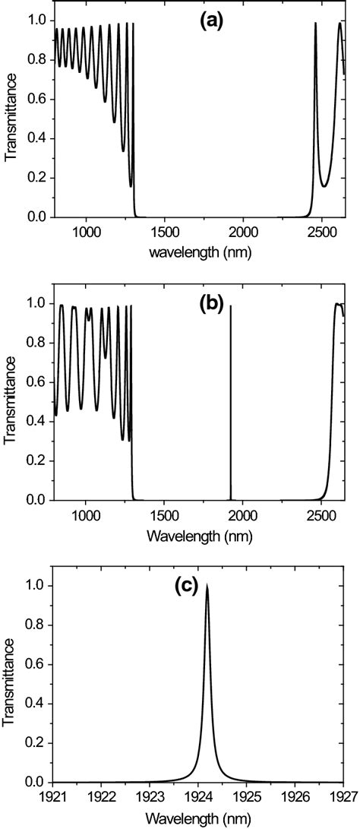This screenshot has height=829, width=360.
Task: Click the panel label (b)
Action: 210,305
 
